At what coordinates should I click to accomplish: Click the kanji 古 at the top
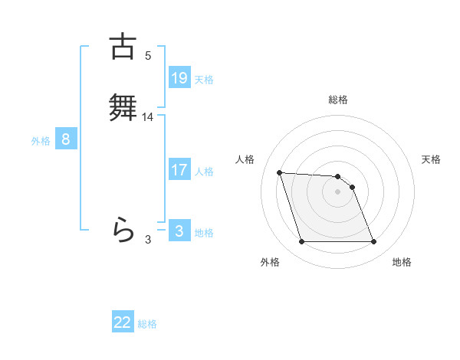(123, 46)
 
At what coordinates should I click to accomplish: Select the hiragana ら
(123, 229)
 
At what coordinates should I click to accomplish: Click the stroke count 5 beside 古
(148, 55)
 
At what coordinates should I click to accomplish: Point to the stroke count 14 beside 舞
(148, 117)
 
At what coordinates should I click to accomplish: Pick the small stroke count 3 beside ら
(148, 240)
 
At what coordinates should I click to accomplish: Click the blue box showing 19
(179, 77)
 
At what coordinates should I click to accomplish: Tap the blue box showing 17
(179, 170)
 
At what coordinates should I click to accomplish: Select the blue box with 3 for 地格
(179, 231)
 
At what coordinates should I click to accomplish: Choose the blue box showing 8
(66, 139)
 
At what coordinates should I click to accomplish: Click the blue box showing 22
(123, 322)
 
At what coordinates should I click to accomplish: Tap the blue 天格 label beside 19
(204, 79)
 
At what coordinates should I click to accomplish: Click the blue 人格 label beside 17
(204, 172)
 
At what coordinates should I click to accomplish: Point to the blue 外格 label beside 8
(41, 141)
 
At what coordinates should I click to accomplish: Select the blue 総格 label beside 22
(147, 324)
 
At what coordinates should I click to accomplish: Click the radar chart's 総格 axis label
(338, 100)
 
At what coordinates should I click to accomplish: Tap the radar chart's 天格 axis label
(431, 159)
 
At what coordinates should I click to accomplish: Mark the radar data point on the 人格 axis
(280, 173)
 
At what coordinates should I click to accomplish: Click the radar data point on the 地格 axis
(373, 242)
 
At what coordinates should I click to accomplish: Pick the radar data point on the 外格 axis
(302, 242)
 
